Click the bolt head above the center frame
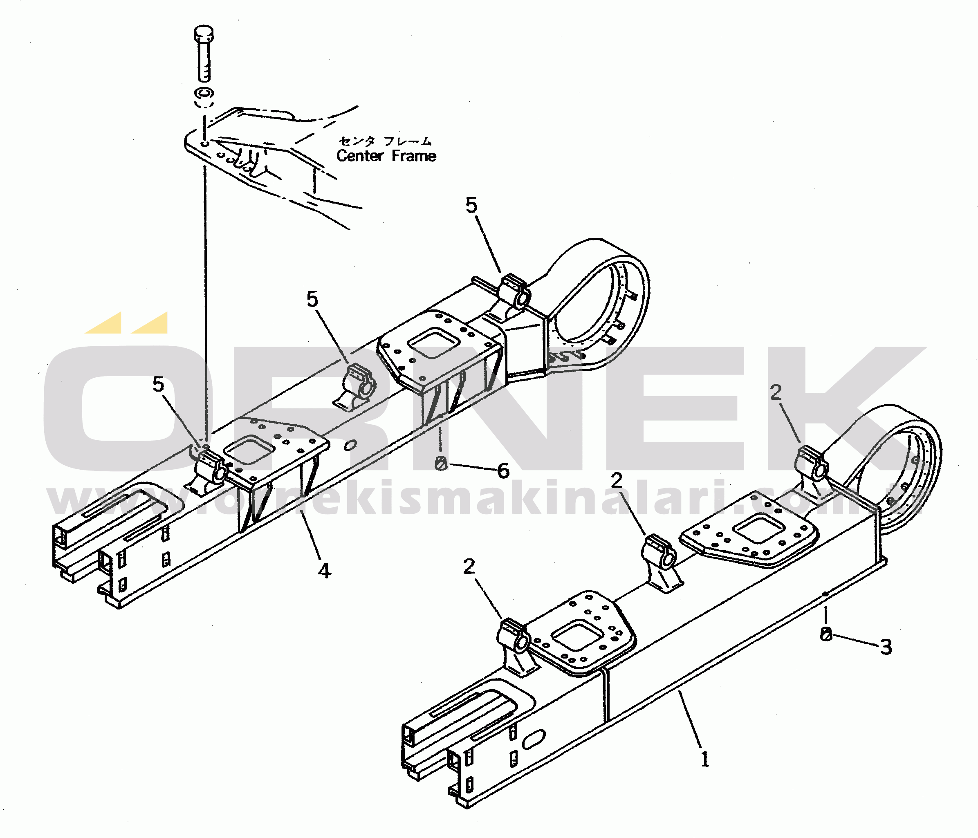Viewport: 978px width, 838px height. click(204, 33)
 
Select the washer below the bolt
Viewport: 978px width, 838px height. click(204, 92)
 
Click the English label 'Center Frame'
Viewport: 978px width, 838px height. click(386, 156)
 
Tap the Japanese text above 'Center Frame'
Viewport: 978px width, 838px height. click(385, 141)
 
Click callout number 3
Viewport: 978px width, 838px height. click(886, 648)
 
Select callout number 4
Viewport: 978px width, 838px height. click(324, 571)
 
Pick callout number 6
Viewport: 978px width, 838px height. click(504, 471)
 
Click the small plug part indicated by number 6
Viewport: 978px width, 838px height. click(441, 464)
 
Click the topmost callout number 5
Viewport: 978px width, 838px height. click(471, 205)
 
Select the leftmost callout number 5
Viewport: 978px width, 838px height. click(159, 385)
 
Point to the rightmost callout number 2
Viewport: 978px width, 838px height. click(776, 392)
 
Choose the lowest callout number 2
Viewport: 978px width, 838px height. click(469, 567)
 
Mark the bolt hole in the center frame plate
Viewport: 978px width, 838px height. click(204, 143)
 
